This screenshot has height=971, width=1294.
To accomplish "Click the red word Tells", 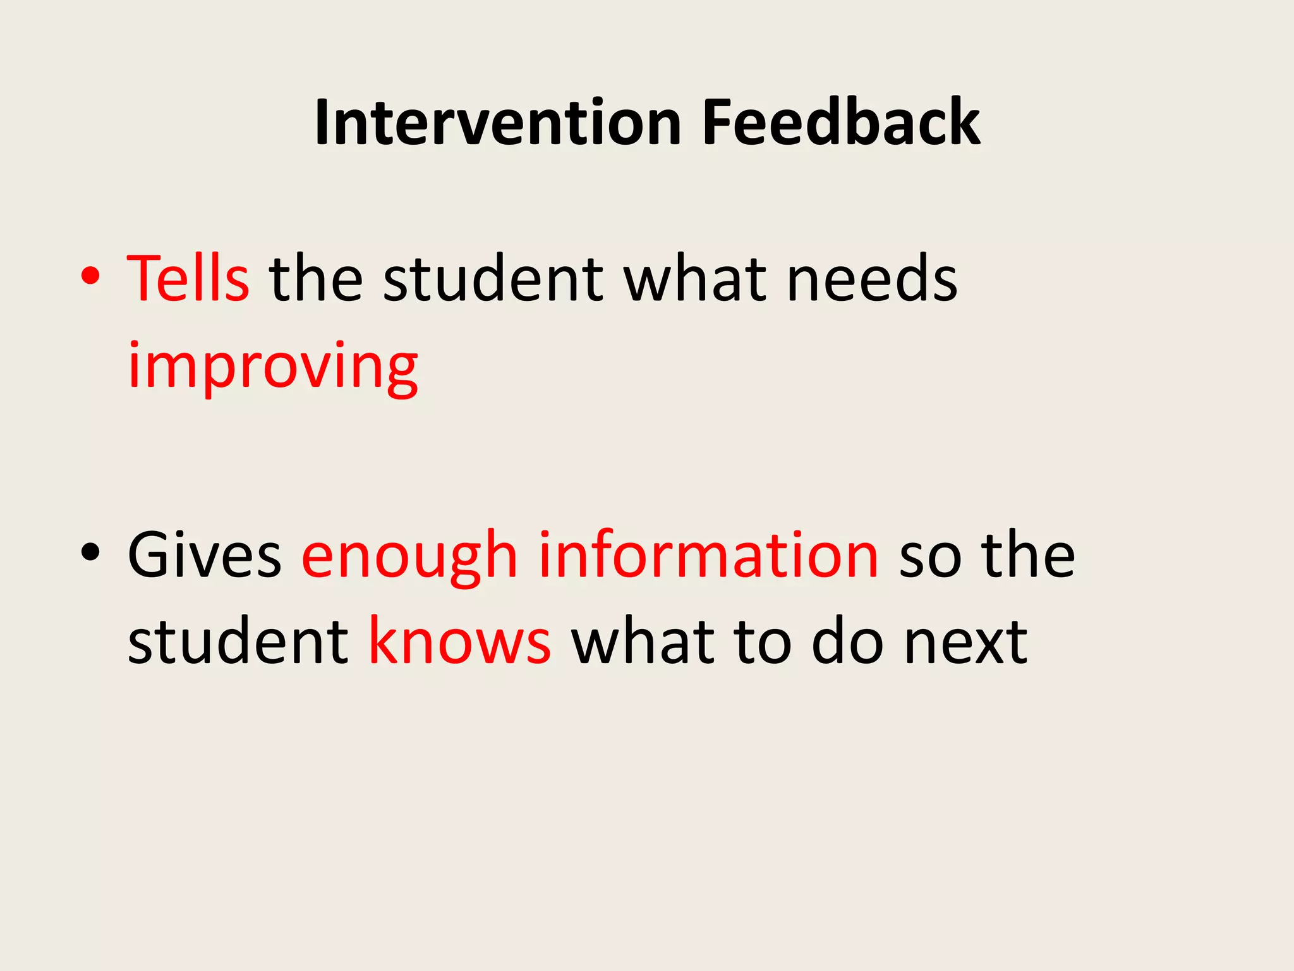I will (188, 278).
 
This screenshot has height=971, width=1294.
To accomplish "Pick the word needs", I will (872, 279).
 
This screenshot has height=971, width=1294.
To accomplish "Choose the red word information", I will (708, 554).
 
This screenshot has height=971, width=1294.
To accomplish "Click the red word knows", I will (459, 641).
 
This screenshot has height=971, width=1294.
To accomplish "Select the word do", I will (847, 641).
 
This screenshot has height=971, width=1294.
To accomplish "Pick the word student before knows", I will (238, 642).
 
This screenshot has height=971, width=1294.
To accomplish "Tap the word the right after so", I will (1027, 555).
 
